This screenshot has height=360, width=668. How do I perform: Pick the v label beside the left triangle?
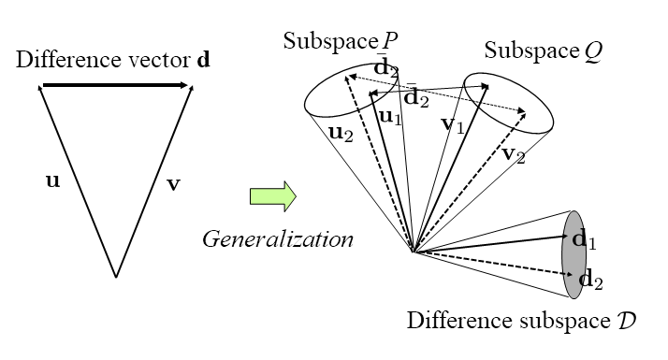coord(173,183)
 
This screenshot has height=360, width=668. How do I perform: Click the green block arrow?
coord(272,197)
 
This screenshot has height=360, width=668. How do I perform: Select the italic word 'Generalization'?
coord(278,239)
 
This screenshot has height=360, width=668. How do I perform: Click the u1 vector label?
coord(389,117)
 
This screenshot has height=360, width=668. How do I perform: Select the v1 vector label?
coord(452,123)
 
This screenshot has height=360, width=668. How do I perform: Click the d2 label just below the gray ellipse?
coord(592,279)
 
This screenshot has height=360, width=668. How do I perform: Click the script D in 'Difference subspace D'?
coord(628,321)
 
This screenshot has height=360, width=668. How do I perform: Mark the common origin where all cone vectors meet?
coord(413,252)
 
